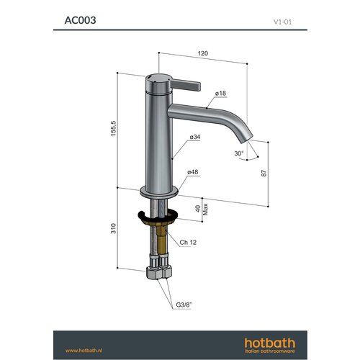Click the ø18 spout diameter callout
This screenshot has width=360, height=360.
pos(220,94)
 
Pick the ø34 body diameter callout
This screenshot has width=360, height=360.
pos(195,138)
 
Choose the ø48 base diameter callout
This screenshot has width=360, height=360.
pos(193,173)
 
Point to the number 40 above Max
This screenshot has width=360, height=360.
pos(198,208)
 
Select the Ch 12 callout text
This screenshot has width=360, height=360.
pos(189,243)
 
